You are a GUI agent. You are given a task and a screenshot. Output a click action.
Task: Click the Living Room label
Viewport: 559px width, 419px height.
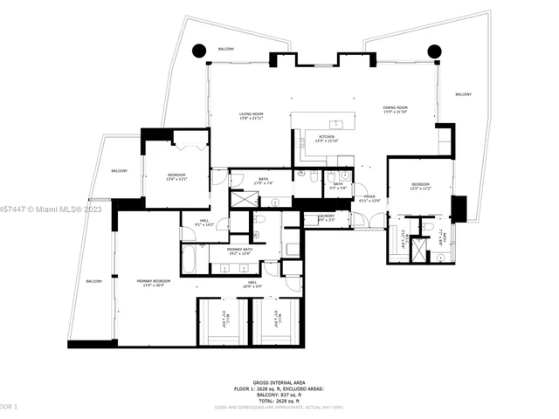[252, 117]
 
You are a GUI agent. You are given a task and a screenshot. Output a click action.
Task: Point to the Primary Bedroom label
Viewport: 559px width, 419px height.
[153, 283]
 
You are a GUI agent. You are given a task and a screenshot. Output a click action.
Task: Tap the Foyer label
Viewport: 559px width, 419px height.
[370, 198]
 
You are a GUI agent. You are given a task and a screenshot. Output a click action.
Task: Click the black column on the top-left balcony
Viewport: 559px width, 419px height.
[198, 51]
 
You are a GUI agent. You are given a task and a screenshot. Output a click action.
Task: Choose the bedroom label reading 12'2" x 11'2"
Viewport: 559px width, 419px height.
[420, 188]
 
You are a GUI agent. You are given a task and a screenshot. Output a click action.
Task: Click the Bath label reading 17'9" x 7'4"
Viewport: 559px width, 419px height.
[264, 182]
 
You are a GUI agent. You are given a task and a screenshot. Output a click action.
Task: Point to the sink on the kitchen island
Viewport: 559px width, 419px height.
[334, 123]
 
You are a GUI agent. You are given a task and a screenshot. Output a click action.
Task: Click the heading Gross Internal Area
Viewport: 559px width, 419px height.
[279, 382]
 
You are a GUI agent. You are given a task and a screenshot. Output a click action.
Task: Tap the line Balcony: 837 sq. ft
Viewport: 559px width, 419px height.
[279, 395]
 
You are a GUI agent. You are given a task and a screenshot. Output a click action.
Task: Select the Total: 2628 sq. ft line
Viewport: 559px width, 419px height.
[279, 401]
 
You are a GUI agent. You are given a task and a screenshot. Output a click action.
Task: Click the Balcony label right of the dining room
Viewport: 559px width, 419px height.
[463, 94]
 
